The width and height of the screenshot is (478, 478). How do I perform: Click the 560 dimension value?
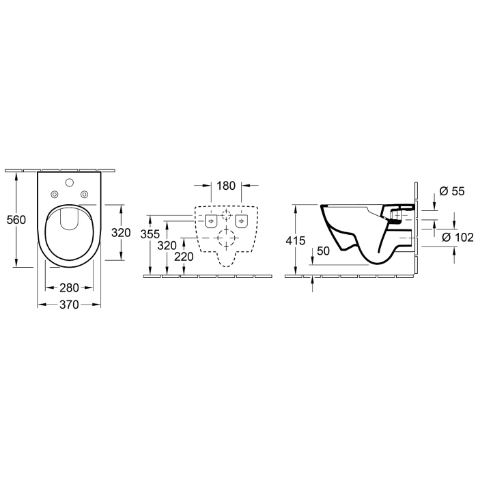[15, 220]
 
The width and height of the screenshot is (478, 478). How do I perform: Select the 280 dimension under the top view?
[69, 288]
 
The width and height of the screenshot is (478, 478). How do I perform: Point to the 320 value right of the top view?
[120, 232]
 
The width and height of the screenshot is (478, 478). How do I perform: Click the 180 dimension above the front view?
[226, 186]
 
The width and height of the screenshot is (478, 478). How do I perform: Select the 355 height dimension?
[158, 234]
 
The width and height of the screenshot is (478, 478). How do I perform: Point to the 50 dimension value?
[324, 251]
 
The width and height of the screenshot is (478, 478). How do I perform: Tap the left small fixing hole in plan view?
[55, 195]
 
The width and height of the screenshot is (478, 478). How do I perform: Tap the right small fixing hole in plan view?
[84, 195]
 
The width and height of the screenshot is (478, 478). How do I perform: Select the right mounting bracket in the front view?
[241, 221]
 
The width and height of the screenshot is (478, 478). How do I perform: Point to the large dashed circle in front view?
[226, 240]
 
